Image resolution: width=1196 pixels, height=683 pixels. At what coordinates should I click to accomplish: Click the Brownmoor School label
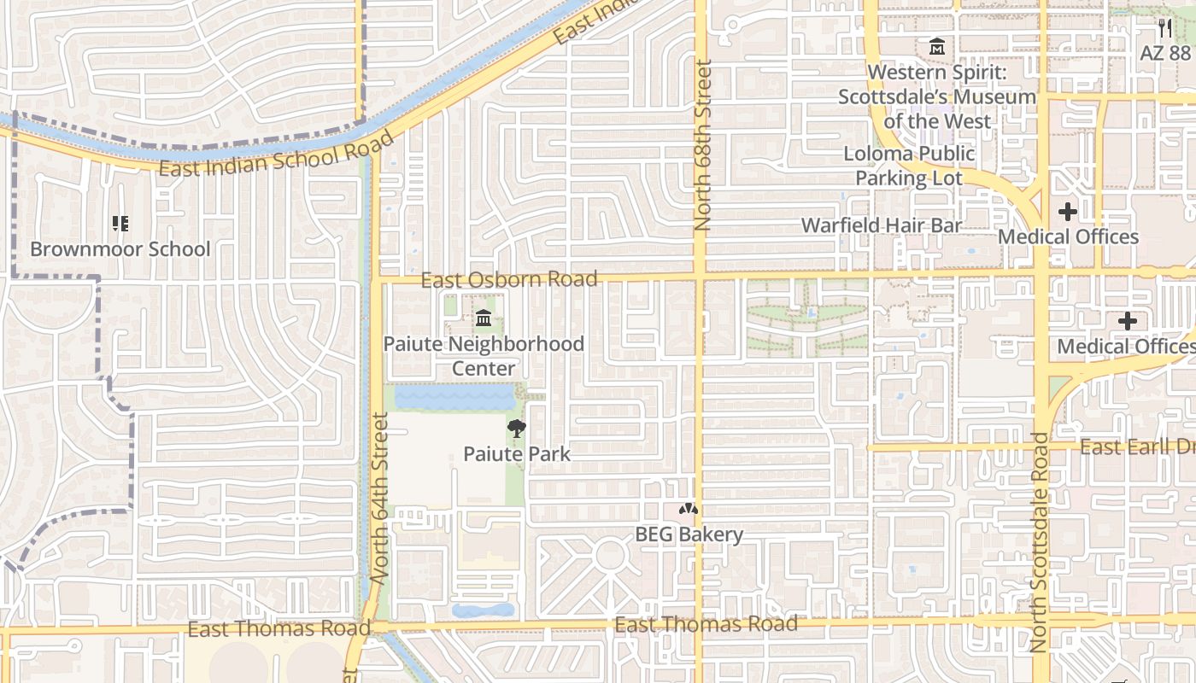pyautogui.click(x=120, y=249)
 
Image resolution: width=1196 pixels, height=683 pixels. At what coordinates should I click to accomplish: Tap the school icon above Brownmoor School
pyautogui.click(x=120, y=224)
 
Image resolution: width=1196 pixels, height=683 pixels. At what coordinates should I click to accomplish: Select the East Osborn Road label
pyautogui.click(x=509, y=279)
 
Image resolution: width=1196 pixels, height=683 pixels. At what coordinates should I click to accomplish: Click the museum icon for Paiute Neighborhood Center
pyautogui.click(x=484, y=318)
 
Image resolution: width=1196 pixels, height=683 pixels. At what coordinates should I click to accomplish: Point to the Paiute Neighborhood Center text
pyautogui.click(x=484, y=356)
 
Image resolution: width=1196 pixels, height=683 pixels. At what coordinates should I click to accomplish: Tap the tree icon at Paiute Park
pyautogui.click(x=516, y=429)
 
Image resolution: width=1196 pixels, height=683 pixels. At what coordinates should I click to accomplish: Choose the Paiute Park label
pyautogui.click(x=516, y=453)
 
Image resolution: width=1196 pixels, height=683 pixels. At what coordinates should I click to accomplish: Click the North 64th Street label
pyautogui.click(x=381, y=498)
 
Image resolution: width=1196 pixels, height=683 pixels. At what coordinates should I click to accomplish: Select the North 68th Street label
pyautogui.click(x=703, y=145)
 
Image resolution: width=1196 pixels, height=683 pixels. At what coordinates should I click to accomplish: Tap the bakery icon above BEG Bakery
pyautogui.click(x=689, y=509)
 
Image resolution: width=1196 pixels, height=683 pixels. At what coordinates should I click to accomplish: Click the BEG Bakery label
pyautogui.click(x=689, y=534)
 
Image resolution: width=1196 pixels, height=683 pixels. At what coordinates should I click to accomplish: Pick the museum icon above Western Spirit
pyautogui.click(x=937, y=47)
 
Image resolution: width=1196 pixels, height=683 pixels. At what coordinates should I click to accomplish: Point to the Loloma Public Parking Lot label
pyautogui.click(x=909, y=166)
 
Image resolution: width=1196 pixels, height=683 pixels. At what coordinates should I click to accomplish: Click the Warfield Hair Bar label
pyautogui.click(x=882, y=225)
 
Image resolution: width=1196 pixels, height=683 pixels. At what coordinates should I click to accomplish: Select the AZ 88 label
pyautogui.click(x=1165, y=52)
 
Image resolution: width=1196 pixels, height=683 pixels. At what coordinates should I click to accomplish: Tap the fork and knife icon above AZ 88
pyautogui.click(x=1165, y=27)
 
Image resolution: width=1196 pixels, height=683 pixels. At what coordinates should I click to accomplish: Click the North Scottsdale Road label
pyautogui.click(x=1040, y=543)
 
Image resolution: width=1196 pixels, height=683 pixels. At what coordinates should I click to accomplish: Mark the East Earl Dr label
pyautogui.click(x=1136, y=447)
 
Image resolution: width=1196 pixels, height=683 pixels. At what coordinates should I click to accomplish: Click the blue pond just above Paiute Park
pyautogui.click(x=454, y=398)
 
